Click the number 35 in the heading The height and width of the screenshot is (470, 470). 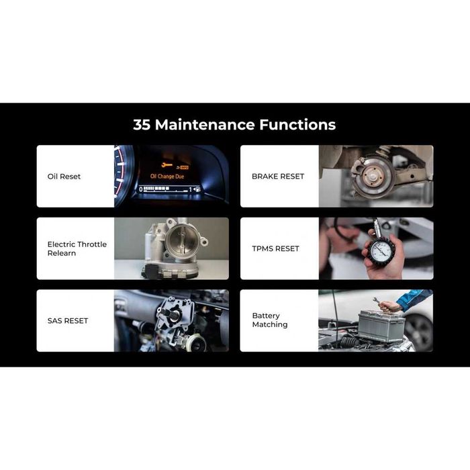pyautogui.click(x=142, y=125)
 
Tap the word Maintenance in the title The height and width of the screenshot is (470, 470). pyautogui.click(x=205, y=125)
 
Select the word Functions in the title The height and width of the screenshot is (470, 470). pyautogui.click(x=297, y=125)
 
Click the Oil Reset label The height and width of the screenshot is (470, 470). pyautogui.click(x=64, y=177)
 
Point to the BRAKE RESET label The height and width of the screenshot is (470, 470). pyautogui.click(x=278, y=176)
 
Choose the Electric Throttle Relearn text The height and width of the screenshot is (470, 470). pyautogui.click(x=77, y=248)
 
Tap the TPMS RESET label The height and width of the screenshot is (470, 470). pyautogui.click(x=275, y=248)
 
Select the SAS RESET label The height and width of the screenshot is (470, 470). pyautogui.click(x=68, y=321)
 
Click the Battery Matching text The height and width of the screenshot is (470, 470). pyautogui.click(x=270, y=320)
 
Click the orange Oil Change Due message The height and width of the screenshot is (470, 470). pyautogui.click(x=167, y=177)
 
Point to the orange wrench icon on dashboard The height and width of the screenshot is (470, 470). pyautogui.click(x=167, y=164)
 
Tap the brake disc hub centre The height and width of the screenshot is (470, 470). pyautogui.click(x=373, y=177)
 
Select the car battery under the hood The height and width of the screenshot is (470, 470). pyautogui.click(x=381, y=326)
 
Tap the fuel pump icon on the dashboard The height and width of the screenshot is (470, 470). pyautogui.click(x=197, y=189)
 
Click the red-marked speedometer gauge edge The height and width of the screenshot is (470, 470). pyautogui.click(x=122, y=175)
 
